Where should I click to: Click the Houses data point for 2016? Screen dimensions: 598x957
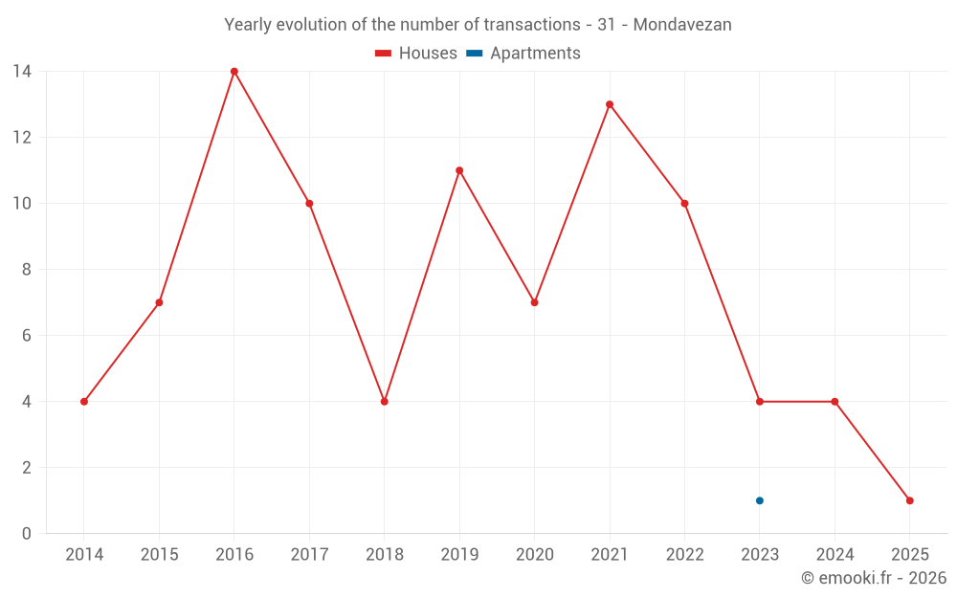click(234, 72)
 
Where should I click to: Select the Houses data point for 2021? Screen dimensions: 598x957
click(610, 104)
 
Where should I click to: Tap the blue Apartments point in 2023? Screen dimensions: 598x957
click(760, 500)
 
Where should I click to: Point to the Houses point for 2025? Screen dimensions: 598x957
click(910, 500)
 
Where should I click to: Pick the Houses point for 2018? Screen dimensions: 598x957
click(385, 402)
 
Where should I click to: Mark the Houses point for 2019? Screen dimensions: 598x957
click(459, 170)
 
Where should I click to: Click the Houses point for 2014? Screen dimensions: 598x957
click(84, 402)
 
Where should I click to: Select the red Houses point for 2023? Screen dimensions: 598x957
click(760, 402)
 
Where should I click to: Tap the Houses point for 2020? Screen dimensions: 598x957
click(535, 302)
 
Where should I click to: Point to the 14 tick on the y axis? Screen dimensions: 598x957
click(22, 72)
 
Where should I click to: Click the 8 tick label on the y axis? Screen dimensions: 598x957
click(27, 270)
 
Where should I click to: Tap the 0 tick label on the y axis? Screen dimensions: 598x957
click(27, 534)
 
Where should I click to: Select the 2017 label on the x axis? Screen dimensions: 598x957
click(309, 555)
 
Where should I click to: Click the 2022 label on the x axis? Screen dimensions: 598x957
click(684, 555)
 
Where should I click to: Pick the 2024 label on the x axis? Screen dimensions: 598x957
click(835, 555)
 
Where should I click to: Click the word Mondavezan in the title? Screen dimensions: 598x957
click(682, 25)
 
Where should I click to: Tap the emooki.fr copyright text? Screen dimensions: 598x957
click(874, 578)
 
